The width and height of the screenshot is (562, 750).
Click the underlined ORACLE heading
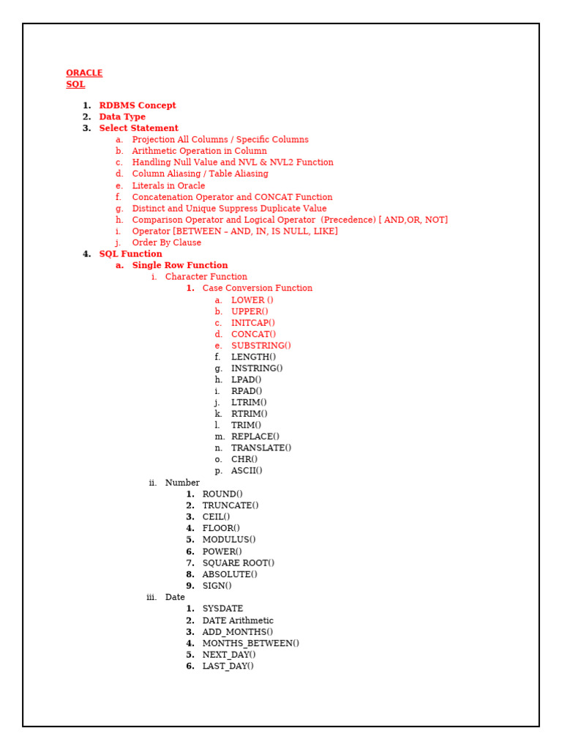(x=84, y=73)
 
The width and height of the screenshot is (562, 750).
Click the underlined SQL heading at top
(x=75, y=85)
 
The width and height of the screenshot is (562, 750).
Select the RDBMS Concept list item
(x=138, y=105)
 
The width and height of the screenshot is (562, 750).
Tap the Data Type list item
(x=122, y=117)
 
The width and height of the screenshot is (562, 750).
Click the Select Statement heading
(x=138, y=128)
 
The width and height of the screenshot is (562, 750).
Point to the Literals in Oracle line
(x=168, y=186)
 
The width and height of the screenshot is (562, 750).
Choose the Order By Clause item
(x=166, y=243)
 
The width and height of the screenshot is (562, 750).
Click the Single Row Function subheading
(x=179, y=266)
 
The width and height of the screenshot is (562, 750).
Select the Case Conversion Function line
(x=257, y=289)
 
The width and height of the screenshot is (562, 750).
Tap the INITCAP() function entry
(x=253, y=323)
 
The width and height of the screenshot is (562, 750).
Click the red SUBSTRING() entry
(x=261, y=346)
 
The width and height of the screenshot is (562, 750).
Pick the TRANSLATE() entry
(x=261, y=448)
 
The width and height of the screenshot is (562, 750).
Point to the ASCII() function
(x=247, y=471)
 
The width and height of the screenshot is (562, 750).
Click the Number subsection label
(x=182, y=483)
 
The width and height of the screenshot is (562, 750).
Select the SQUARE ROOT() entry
(x=238, y=563)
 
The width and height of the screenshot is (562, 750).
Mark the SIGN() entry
(x=217, y=586)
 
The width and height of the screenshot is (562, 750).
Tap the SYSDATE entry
(x=222, y=609)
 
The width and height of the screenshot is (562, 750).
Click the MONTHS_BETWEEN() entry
(x=250, y=644)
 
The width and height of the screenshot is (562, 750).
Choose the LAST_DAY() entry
(x=228, y=667)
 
